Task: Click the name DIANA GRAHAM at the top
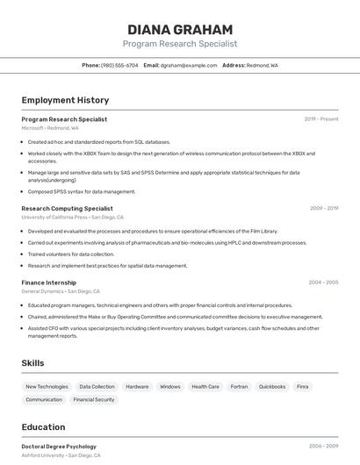pos(180,29)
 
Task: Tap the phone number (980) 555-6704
pos(119,65)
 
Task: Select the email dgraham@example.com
pos(188,65)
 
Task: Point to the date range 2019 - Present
pos(321,119)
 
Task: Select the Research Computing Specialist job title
pos(67,209)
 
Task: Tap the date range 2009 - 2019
pos(324,209)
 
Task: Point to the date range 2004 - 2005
pos(323,283)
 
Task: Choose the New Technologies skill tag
pos(47,386)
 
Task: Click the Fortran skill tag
pos(240,386)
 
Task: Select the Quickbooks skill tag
pos(272,386)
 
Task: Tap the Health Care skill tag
pos(205,386)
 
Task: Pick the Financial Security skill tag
pos(94,399)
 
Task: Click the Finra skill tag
pos(303,386)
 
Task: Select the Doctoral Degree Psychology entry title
pos(59,447)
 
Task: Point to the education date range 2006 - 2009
pos(323,447)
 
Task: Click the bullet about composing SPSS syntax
pos(82,191)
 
